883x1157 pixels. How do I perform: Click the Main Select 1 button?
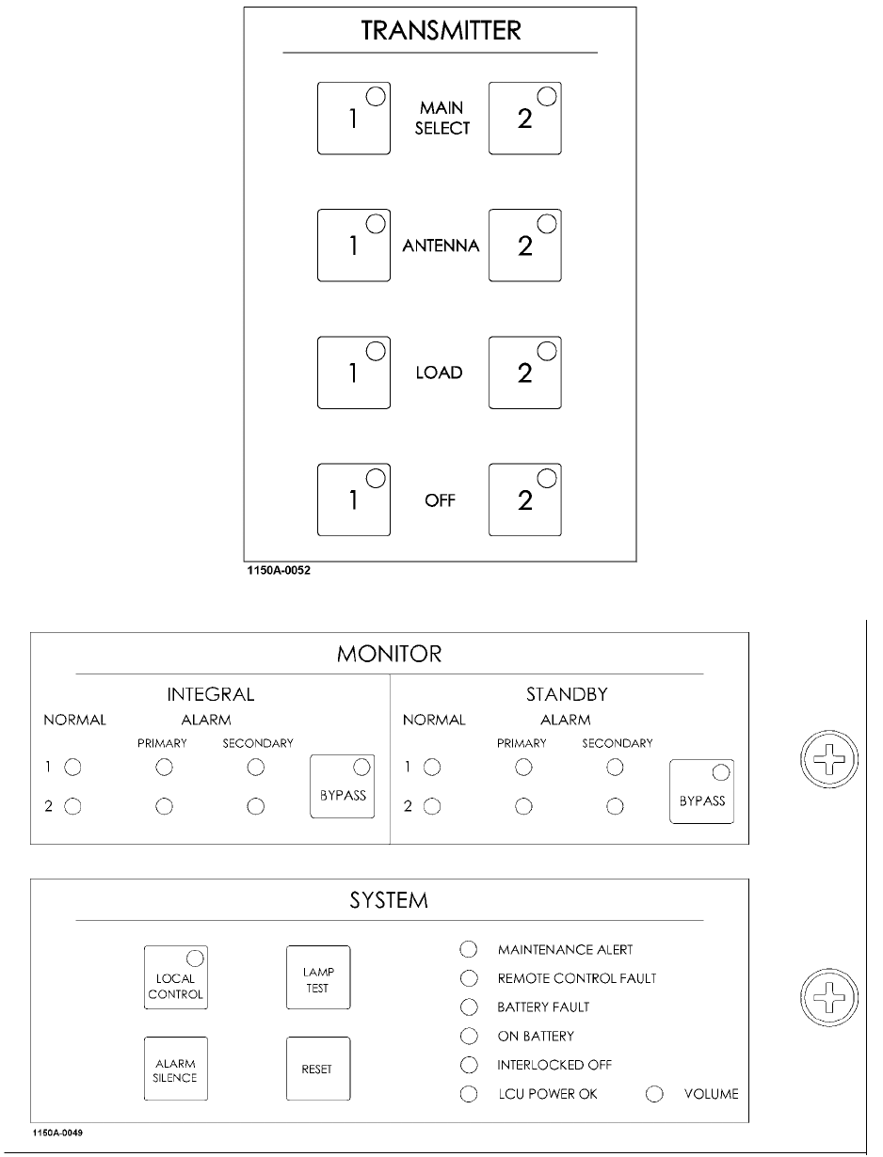[354, 118]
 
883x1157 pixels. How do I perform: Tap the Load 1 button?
[354, 372]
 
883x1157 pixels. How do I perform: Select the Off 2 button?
[525, 500]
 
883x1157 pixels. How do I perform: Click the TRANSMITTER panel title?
[441, 31]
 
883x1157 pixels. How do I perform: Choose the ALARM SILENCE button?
[175, 1070]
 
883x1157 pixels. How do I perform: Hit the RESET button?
[317, 1070]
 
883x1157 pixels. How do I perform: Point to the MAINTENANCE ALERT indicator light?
[469, 950]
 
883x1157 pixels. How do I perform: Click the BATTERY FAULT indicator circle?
[469, 1007]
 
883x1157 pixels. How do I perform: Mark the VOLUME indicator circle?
[656, 1094]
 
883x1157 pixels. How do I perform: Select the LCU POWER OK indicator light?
[469, 1094]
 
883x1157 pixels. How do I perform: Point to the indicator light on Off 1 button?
[375, 478]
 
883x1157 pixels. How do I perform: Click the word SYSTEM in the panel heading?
[389, 901]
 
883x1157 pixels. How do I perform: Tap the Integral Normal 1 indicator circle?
[73, 768]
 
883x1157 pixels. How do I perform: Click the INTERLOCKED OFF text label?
[554, 1065]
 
